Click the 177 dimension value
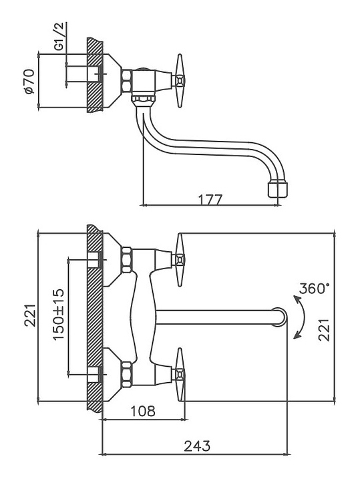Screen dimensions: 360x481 pos(210,199)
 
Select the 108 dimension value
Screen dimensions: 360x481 pos(143,411)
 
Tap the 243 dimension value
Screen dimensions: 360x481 pos(197,446)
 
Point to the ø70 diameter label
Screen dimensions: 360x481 pos(29,82)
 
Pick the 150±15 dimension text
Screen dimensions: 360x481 pos(59,315)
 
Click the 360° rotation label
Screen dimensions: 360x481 pos(313,289)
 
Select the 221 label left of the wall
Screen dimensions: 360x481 pos(30,315)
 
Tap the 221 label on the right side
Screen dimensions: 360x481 pos(324,330)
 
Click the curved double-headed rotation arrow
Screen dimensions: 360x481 pos(303,317)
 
